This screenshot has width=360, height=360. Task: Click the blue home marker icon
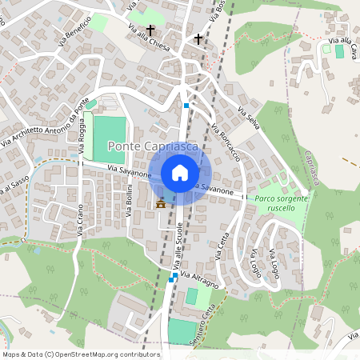point(180,172)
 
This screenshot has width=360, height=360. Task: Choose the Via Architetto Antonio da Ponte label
point(45,127)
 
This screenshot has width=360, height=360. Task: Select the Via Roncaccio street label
point(227,141)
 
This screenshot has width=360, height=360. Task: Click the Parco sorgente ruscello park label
point(270,202)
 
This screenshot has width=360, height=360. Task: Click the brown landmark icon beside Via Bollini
point(161,202)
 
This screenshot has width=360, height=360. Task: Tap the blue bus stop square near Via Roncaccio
point(186,105)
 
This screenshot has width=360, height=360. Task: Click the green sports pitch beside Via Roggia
point(110,139)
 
